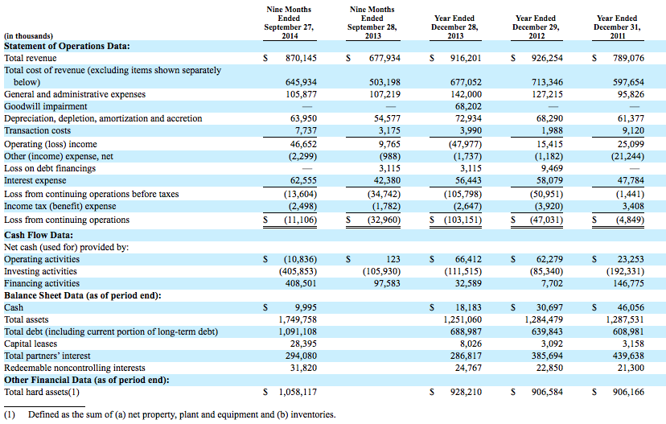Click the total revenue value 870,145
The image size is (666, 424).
point(301,58)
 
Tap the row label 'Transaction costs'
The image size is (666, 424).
point(37,130)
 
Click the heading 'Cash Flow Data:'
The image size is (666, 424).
point(39,235)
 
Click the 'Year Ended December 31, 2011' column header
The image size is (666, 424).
point(617,27)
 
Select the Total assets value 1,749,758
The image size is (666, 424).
point(298,319)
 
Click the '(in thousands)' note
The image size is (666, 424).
point(28,36)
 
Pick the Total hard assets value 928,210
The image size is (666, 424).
point(466,392)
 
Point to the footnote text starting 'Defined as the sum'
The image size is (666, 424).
point(182,414)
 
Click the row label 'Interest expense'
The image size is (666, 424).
point(35,180)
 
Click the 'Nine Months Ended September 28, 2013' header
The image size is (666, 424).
point(372,23)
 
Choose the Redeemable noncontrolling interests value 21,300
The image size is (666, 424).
point(631,368)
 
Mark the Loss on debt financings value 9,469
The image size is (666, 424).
point(552,168)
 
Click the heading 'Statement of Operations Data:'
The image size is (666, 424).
point(67,46)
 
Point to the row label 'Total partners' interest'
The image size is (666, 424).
point(47,356)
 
